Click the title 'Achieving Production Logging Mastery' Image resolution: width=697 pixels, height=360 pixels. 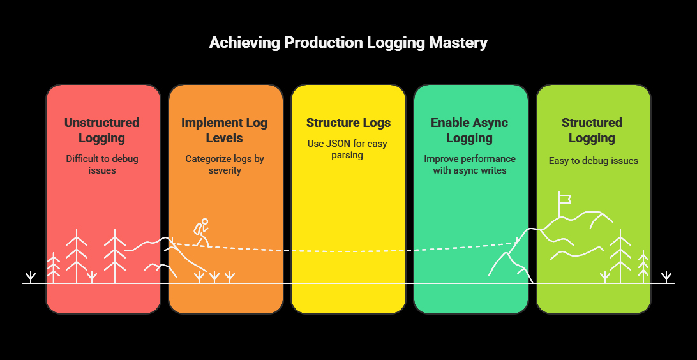(x=348, y=43)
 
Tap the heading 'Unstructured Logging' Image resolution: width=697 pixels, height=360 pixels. (x=102, y=130)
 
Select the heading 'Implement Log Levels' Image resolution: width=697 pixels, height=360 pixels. (x=225, y=130)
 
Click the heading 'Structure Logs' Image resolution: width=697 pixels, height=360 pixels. (x=348, y=123)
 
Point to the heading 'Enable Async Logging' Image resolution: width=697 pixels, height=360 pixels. (x=470, y=130)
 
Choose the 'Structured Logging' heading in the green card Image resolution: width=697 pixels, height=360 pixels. (x=592, y=130)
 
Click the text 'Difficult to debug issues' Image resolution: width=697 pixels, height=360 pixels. (x=102, y=165)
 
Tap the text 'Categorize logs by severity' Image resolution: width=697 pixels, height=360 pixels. (x=225, y=165)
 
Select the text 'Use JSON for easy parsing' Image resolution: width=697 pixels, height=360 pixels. (x=348, y=149)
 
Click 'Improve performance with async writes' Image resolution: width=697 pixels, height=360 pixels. (x=470, y=165)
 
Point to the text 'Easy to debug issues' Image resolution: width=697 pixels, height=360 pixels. (x=594, y=161)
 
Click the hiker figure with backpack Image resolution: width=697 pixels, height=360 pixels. (x=202, y=232)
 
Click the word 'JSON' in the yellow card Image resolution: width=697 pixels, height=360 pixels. (x=341, y=144)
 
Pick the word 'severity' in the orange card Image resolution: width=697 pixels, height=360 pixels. (x=225, y=170)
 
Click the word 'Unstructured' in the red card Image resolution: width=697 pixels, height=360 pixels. (x=102, y=123)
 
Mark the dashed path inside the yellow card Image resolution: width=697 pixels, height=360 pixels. (x=348, y=250)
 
